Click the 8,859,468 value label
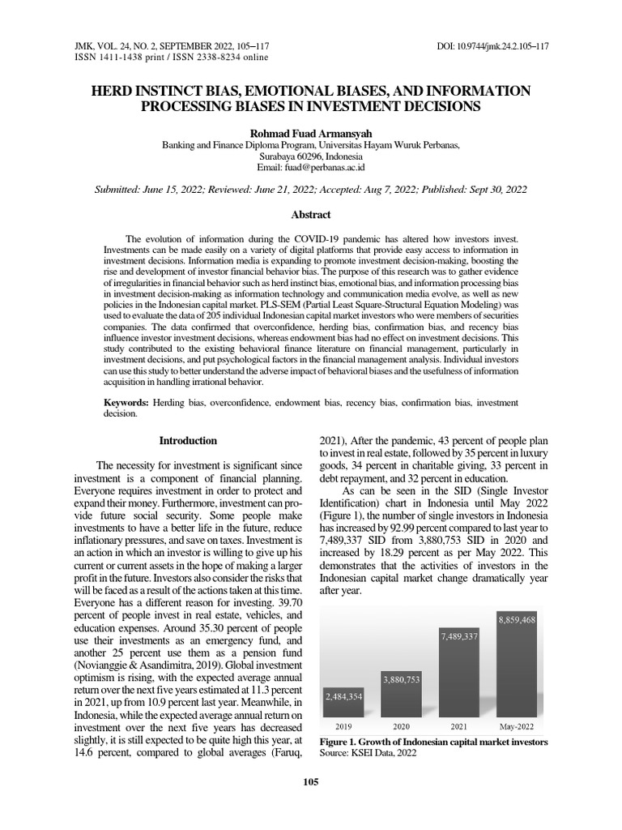(x=518, y=619)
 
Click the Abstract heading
(x=311, y=215)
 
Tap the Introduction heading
(x=188, y=441)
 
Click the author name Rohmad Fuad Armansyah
(x=311, y=131)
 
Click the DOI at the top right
(x=492, y=46)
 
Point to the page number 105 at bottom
(x=311, y=781)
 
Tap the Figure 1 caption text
(x=433, y=742)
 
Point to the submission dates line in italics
(x=311, y=189)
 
